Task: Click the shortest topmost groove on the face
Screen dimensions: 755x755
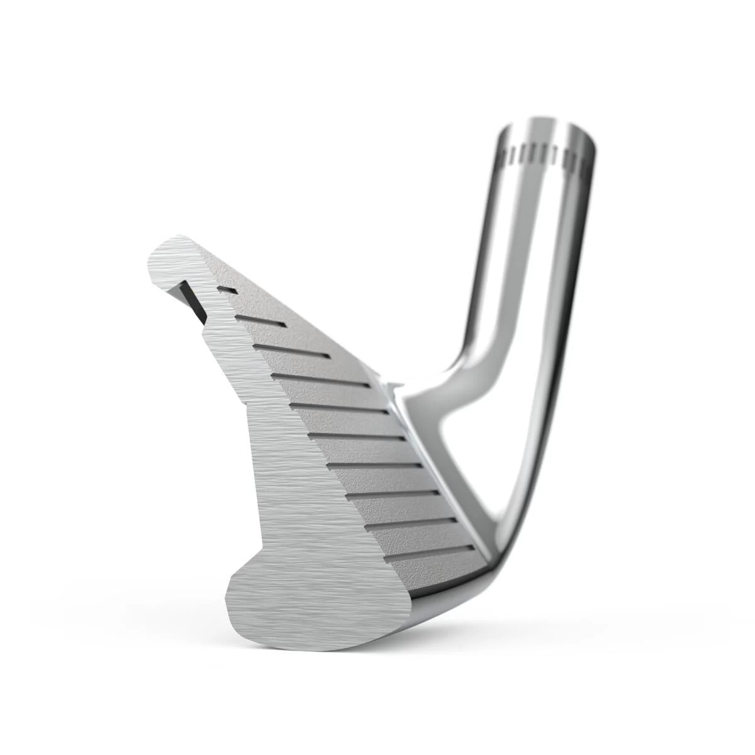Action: point(227,289)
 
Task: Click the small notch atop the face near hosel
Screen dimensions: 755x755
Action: point(393,385)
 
